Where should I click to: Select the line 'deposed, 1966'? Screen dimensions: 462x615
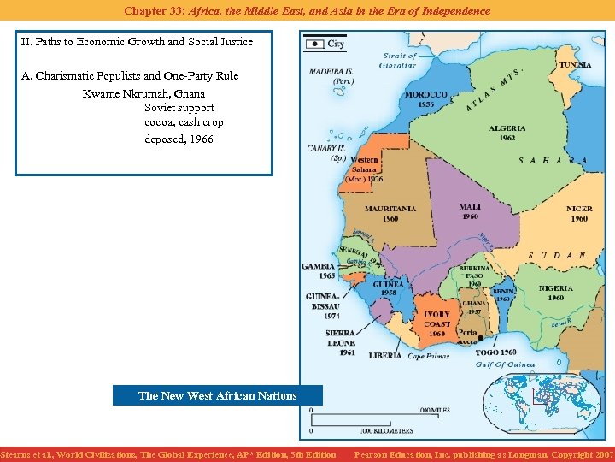(179, 139)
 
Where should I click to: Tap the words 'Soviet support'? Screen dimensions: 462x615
(179, 108)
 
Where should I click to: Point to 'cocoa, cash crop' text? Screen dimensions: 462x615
(184, 123)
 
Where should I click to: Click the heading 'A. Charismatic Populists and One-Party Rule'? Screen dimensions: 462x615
(130, 76)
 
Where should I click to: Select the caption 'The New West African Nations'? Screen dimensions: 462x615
(217, 395)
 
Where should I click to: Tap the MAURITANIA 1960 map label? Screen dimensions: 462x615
(390, 213)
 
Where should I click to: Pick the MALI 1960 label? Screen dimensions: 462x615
(470, 211)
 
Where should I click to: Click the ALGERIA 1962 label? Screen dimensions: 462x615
(507, 133)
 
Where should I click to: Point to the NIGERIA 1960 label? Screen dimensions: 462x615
(556, 293)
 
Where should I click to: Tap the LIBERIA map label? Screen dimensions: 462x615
(385, 356)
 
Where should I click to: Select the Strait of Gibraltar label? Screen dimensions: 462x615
(397, 61)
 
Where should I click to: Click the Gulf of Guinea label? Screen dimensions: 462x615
(506, 365)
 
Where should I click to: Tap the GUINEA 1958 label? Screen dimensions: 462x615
(389, 287)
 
